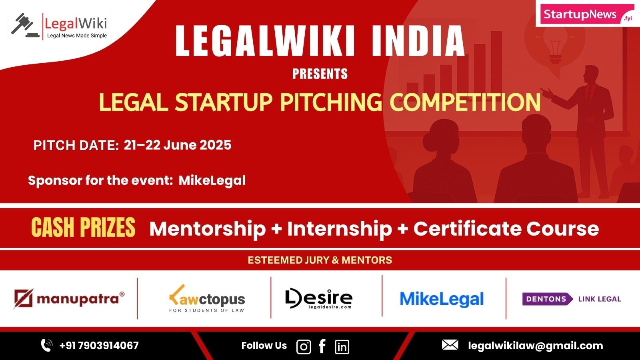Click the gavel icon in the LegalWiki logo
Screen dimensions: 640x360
pos(25,25)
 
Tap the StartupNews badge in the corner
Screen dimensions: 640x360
pos(588,14)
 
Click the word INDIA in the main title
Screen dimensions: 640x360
pos(418,41)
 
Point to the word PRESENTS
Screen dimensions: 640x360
pos(320,74)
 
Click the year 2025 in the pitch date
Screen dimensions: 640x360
pos(216,145)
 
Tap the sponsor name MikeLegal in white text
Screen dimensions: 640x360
pos(212,180)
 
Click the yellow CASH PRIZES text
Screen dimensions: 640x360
pos(83,227)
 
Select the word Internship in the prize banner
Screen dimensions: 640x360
pos(340,229)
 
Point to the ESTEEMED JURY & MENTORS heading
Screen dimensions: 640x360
pos(320,260)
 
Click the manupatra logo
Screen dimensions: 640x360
pos(69,298)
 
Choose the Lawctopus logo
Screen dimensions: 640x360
pos(207,299)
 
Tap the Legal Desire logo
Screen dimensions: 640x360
pos(319,298)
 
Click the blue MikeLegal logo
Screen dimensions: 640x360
pos(442,299)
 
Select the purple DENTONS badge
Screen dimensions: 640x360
pos(548,299)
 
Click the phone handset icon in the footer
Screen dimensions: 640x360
pos(46,346)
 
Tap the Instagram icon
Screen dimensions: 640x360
pos(304,347)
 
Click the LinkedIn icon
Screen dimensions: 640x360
pos(342,347)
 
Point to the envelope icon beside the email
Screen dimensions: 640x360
pos(450,345)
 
